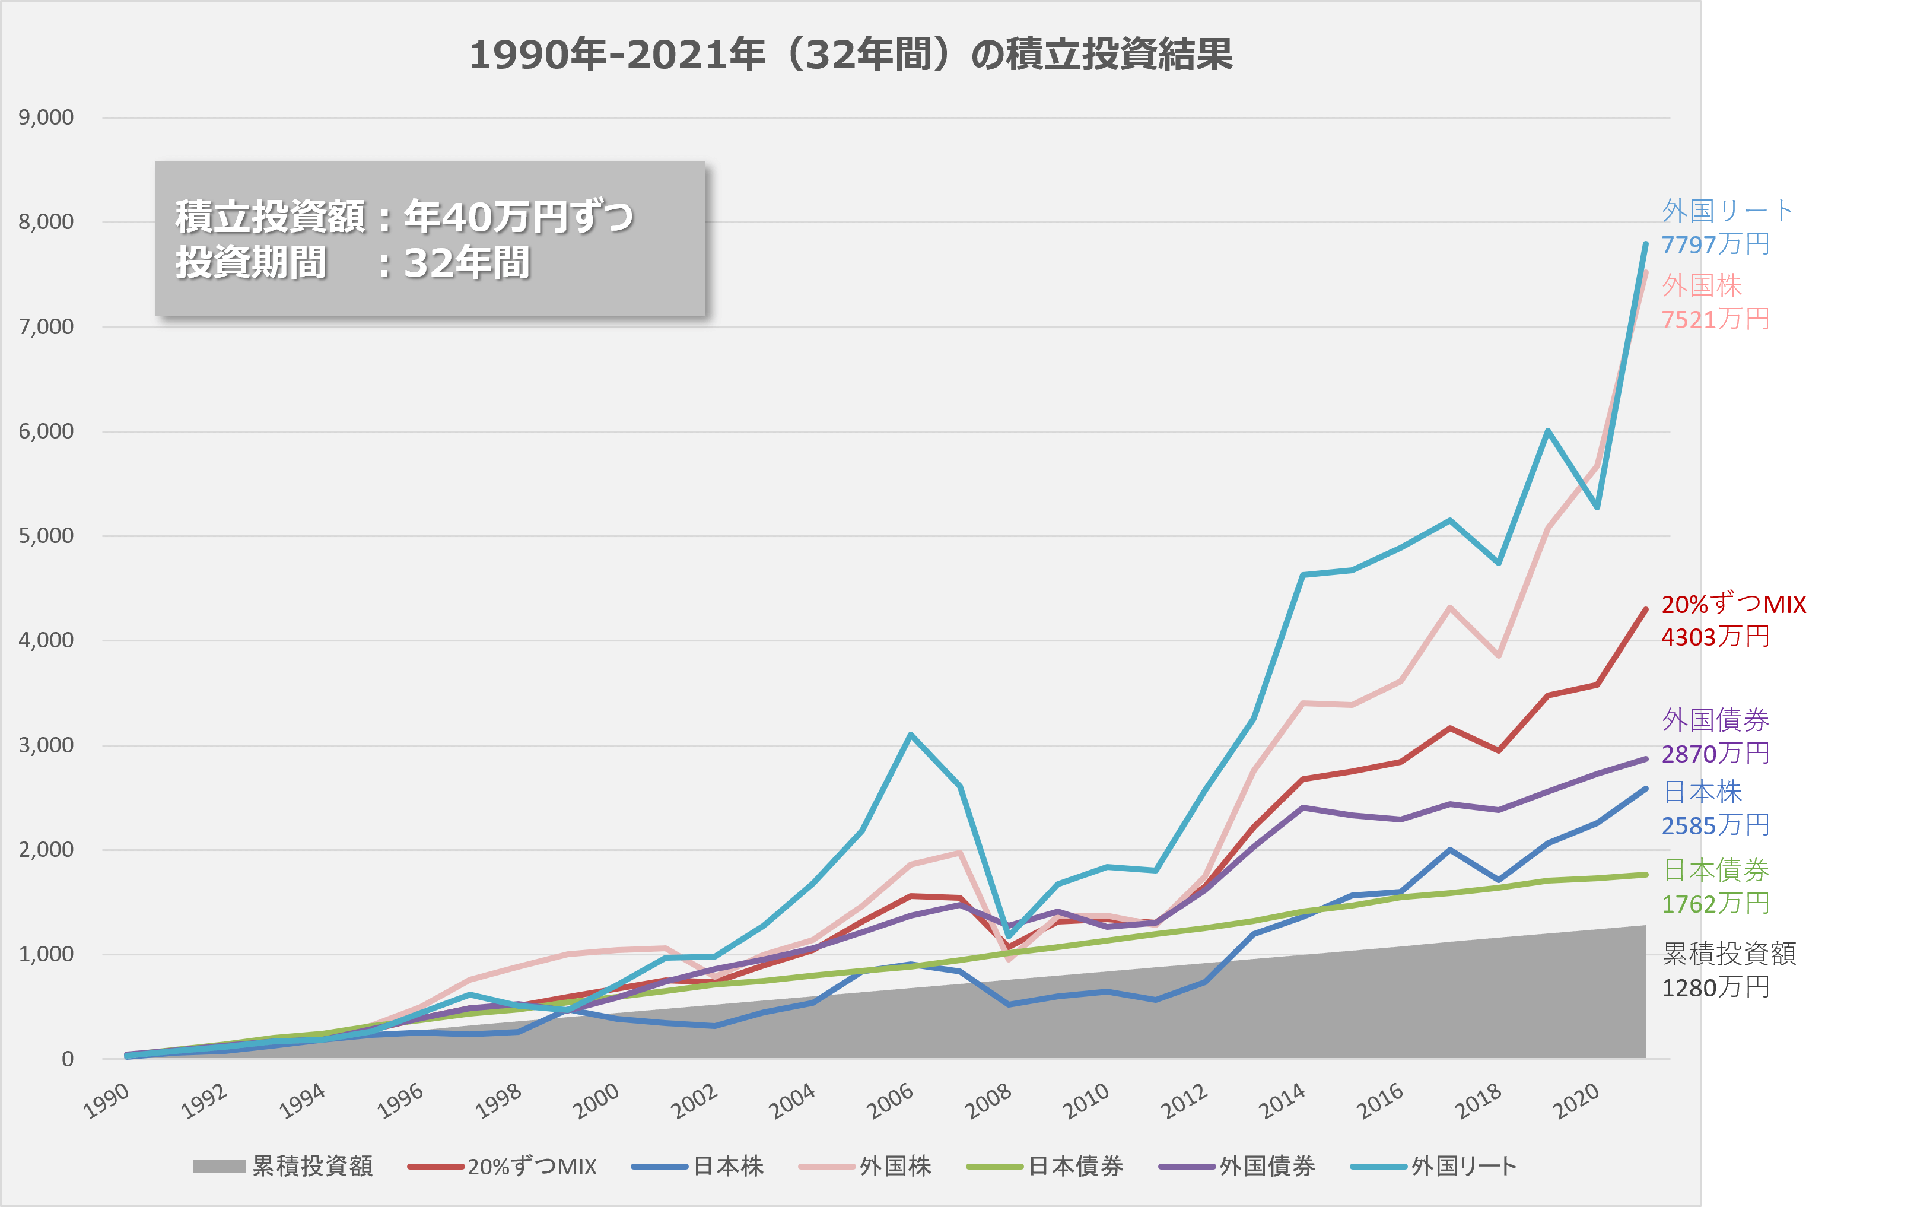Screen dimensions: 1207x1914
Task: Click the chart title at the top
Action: click(850, 55)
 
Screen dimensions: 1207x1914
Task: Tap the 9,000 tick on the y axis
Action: click(46, 117)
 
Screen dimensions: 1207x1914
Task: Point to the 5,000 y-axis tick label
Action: click(46, 536)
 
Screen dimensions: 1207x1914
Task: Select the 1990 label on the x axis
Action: click(107, 1101)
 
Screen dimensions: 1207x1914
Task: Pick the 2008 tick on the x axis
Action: click(988, 1101)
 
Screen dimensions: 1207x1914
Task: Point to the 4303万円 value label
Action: click(1715, 637)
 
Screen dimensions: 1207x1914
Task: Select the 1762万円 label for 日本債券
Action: click(1715, 904)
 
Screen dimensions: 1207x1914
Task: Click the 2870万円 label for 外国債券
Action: click(1715, 754)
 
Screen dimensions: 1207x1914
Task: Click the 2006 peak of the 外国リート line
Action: click(910, 735)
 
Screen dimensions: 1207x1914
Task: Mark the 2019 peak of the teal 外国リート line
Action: click(1547, 431)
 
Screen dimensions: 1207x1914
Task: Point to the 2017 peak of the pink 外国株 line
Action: click(1450, 608)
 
